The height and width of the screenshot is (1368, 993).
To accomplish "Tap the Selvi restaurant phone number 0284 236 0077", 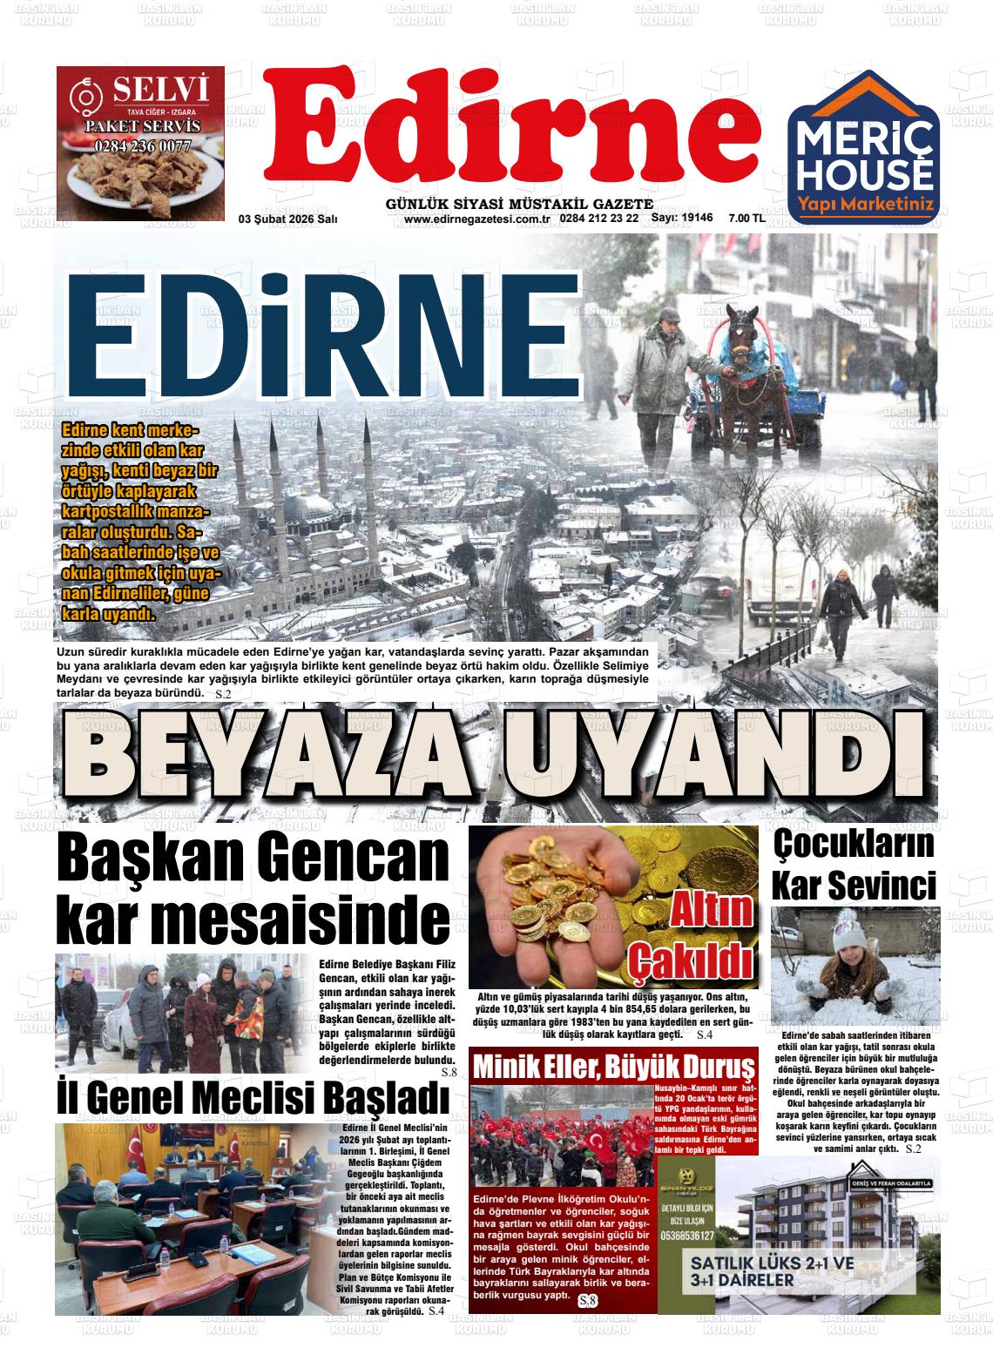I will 142,145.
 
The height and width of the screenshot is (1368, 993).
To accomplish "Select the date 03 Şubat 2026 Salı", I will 288,219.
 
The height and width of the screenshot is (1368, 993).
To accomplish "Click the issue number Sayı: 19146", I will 683,219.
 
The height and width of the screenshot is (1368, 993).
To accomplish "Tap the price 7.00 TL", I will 746,219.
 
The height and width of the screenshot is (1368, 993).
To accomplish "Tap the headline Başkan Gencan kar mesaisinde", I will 253,887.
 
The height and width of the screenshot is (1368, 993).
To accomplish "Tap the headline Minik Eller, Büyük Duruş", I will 613,1065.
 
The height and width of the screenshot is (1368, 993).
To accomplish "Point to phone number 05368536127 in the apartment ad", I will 688,1236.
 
